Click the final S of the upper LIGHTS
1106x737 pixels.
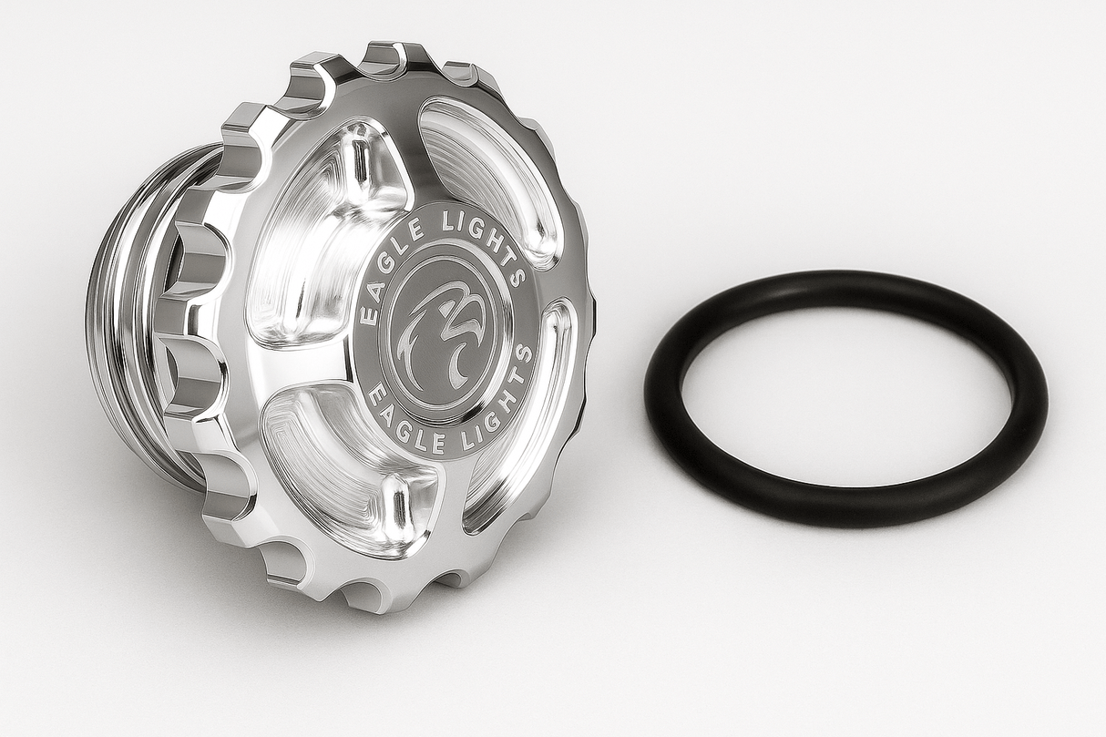coord(518,274)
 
